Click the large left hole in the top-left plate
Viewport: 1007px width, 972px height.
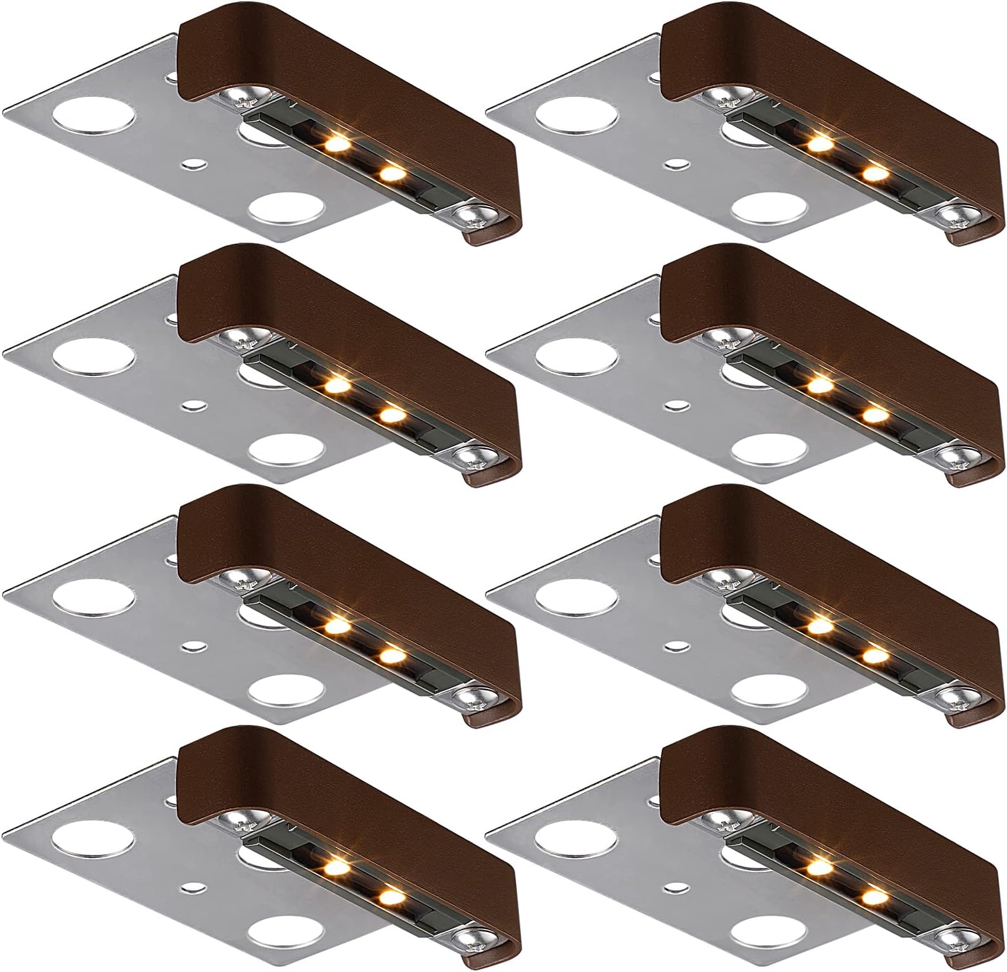pos(94,118)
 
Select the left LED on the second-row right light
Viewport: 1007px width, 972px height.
pos(819,385)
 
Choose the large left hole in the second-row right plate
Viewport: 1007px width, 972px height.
pos(575,359)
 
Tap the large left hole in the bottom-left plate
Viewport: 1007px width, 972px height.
pos(94,841)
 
